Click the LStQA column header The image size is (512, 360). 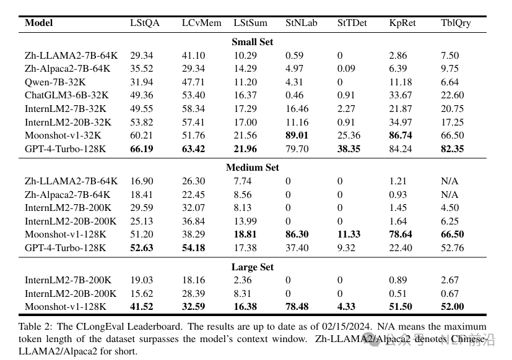tap(144, 23)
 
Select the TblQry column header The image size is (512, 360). tap(455, 23)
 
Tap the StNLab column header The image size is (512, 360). tap(301, 23)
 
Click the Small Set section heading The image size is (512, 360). tap(252, 42)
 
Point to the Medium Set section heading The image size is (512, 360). tap(252, 168)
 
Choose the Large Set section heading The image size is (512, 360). tap(252, 267)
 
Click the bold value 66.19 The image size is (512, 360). tap(141, 149)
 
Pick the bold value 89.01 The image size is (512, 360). tap(297, 135)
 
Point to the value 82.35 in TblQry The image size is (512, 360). tap(453, 149)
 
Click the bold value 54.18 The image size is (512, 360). tap(193, 248)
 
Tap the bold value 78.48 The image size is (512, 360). tap(297, 307)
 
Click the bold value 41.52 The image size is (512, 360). tap(141, 307)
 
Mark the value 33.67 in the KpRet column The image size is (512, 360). tap(401, 95)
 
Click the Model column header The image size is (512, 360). tap(38, 23)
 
